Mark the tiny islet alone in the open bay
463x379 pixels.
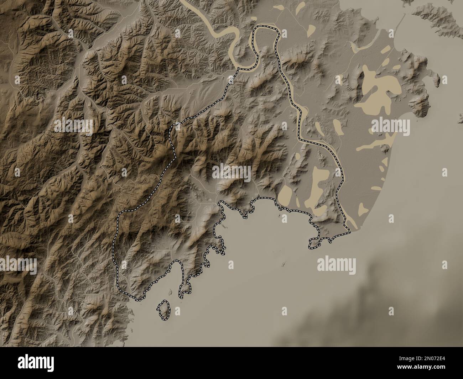point(283,264)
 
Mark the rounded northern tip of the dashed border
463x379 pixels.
point(265,28)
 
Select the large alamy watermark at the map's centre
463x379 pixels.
point(231,172)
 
